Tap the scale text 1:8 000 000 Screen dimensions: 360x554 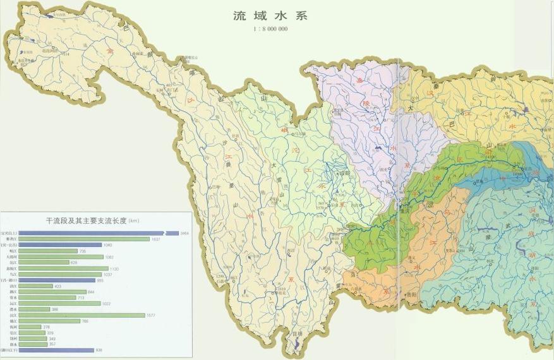coord(262,29)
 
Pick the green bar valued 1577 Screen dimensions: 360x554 coord(82,315)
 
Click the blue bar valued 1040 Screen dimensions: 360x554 coord(60,245)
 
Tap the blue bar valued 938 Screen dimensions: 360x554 coord(56,350)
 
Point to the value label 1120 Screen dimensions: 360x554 coord(114,268)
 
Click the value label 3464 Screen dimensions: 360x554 coord(184,233)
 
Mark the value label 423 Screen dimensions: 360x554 coord(58,286)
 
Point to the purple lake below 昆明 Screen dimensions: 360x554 coord(297,344)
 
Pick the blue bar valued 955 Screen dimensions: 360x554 coord(57,280)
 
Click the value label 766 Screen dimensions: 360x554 coord(85,321)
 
